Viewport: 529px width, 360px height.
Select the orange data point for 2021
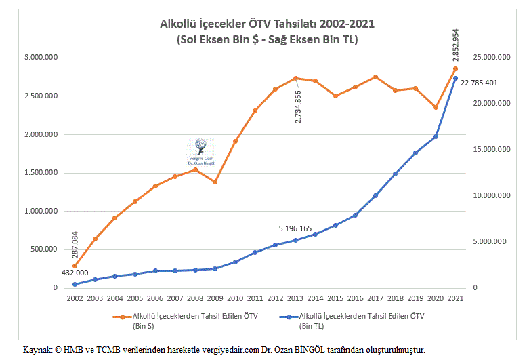tap(455, 68)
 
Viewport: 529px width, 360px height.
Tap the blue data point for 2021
tap(455, 79)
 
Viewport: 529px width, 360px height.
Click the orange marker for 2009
tap(215, 182)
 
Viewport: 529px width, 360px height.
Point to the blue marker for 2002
tap(75, 284)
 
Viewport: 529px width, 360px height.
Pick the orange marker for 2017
tap(375, 77)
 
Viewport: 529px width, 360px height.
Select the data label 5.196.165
tap(295, 228)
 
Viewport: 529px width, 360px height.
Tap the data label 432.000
tap(76, 273)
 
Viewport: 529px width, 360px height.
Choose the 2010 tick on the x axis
tap(235, 298)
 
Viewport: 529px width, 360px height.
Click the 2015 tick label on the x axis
tap(335, 298)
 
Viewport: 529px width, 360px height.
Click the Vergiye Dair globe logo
tap(200, 145)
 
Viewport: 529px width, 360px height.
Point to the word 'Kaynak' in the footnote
tap(37, 350)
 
